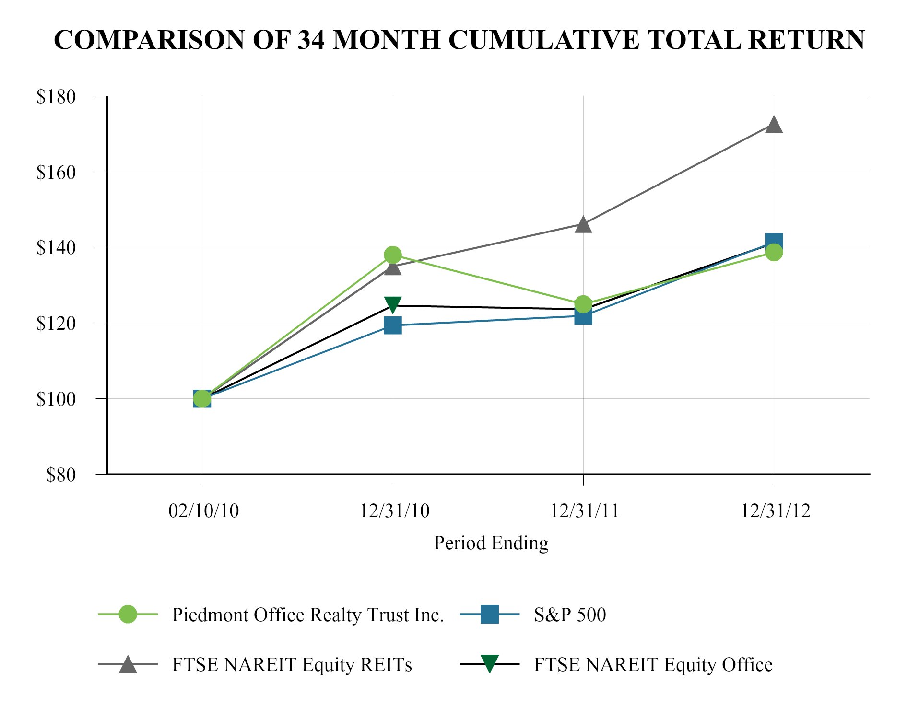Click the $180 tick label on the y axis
tap(56, 97)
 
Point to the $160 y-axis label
tap(56, 173)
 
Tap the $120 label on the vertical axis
tap(56, 324)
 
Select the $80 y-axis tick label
tap(61, 475)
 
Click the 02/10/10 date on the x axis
tap(203, 511)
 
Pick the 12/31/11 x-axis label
tap(585, 511)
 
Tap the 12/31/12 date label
tap(776, 511)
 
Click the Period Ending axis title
tap(491, 543)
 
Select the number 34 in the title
tap(311, 40)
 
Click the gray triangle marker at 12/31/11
tap(583, 224)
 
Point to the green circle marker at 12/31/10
tap(393, 255)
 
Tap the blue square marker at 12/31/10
tap(393, 325)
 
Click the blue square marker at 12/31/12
tap(774, 241)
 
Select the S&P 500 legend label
tap(570, 615)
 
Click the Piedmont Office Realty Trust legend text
tap(308, 615)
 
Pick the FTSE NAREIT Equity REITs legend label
tap(292, 665)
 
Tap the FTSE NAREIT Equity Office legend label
tap(653, 665)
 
